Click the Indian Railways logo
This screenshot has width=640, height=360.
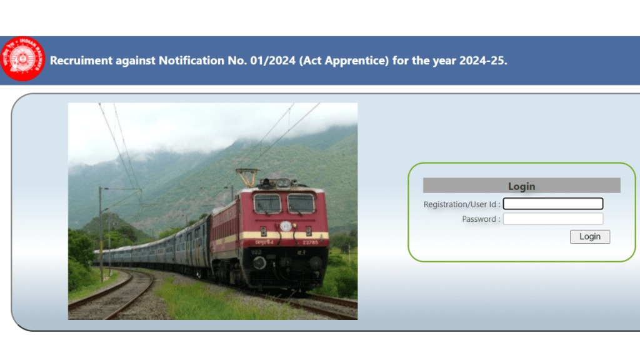[x=23, y=59]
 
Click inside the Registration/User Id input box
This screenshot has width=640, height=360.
[x=553, y=204]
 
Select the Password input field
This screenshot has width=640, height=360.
[x=553, y=219]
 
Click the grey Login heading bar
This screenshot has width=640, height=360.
[x=521, y=186]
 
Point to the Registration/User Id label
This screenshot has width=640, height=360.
[x=462, y=204]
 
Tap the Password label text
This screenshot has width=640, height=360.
[x=481, y=219]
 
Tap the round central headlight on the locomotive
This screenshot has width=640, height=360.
[x=286, y=226]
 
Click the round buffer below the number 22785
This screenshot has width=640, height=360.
[x=316, y=262]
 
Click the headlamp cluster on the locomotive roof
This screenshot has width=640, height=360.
[x=283, y=183]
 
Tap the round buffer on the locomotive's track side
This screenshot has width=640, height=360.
[x=259, y=262]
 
